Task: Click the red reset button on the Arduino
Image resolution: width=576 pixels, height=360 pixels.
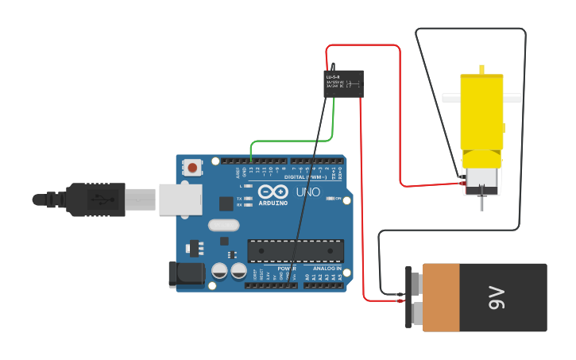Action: tap(192, 168)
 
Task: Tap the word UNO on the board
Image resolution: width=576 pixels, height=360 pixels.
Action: tap(307, 192)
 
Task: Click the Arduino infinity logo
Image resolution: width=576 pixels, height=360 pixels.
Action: tap(273, 192)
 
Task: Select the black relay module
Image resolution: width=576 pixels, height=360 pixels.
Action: tap(343, 83)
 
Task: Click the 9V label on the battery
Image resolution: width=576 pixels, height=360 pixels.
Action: tap(497, 298)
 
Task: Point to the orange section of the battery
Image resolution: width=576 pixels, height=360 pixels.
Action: tap(441, 298)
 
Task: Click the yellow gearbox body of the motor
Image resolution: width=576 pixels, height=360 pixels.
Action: tap(481, 111)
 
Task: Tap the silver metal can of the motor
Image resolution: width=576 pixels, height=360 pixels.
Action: tap(481, 180)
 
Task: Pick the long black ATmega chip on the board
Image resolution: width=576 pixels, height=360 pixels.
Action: tap(296, 250)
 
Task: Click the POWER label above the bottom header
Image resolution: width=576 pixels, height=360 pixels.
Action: tap(286, 269)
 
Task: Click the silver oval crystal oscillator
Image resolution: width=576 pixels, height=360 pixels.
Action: tap(224, 225)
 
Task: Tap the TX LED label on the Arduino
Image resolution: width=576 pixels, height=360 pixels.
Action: tap(239, 199)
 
